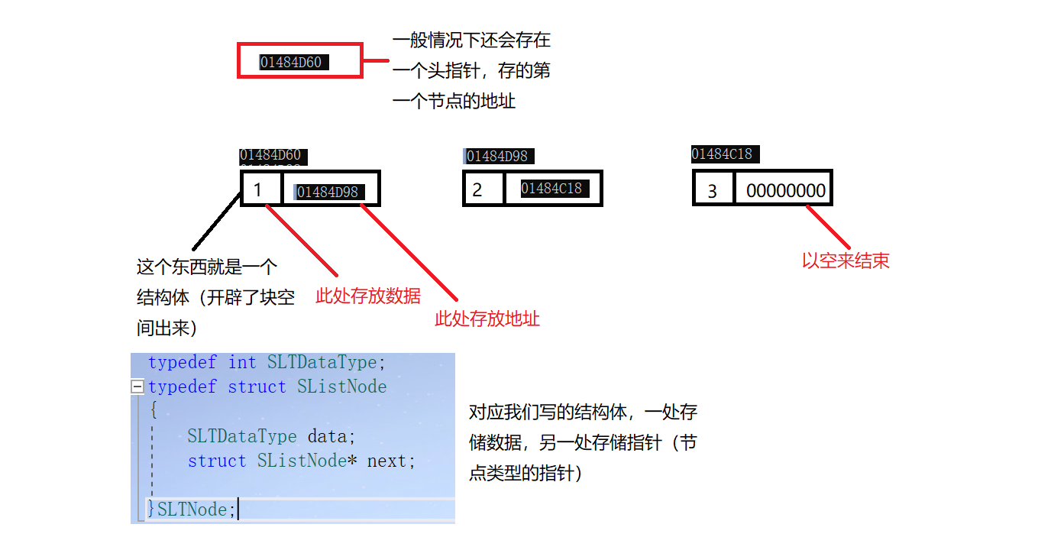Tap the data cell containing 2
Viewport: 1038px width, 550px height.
pyautogui.click(x=482, y=189)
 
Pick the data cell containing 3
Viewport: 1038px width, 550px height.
pyautogui.click(x=713, y=190)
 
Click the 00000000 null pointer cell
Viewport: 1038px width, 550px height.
pyautogui.click(x=786, y=190)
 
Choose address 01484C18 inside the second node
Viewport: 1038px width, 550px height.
pyautogui.click(x=551, y=188)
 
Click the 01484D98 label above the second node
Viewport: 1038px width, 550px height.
pyautogui.click(x=497, y=157)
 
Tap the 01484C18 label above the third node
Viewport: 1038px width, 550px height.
pyautogui.click(x=722, y=154)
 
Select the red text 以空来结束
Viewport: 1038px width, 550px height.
pyautogui.click(x=846, y=260)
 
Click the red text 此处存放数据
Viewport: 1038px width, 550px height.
pyautogui.click(x=368, y=296)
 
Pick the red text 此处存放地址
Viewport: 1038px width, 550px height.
pyautogui.click(x=487, y=319)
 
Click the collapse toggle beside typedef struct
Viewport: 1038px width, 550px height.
pyautogui.click(x=137, y=387)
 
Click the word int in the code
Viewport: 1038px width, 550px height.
pyautogui.click(x=242, y=362)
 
